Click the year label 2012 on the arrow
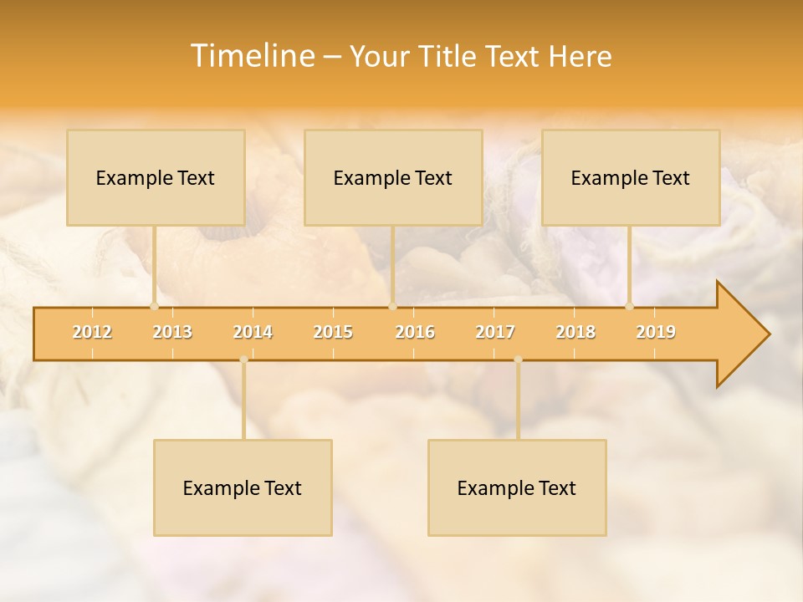tap(92, 332)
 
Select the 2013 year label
tap(172, 332)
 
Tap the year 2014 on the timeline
tap(253, 332)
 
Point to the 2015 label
tap(333, 332)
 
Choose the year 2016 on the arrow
tap(415, 332)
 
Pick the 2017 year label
tap(495, 332)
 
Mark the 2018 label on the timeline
tap(575, 332)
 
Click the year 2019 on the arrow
tap(656, 332)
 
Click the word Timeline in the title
tap(251, 56)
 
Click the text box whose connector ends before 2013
tap(156, 177)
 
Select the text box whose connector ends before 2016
tap(393, 177)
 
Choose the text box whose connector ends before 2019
tap(631, 177)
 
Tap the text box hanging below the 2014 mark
tap(243, 487)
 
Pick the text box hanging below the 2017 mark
tap(517, 487)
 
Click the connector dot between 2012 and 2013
tap(154, 306)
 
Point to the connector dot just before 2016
tap(392, 306)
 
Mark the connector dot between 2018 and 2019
tap(629, 306)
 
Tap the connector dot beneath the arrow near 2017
tap(518, 360)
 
